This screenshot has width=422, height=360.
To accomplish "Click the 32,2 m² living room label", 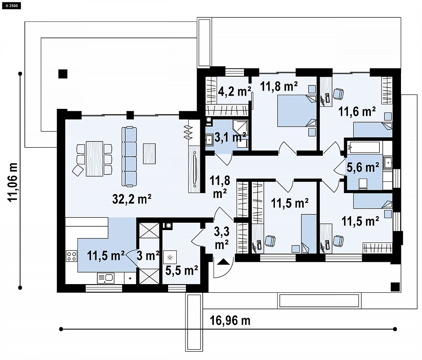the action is (131, 199).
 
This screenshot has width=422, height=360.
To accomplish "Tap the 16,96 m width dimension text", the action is (230, 321).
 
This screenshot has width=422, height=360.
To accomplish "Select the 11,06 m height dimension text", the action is (12, 182).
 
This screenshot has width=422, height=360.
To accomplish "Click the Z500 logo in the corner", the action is (12, 5).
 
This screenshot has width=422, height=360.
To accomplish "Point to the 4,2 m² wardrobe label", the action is (234, 92).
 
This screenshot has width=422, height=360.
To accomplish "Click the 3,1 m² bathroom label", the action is (230, 137).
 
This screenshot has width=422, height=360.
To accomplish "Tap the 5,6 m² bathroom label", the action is (363, 167).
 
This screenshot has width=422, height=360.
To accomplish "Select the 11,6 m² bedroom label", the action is (357, 111).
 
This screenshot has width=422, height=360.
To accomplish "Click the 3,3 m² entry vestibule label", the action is (222, 238).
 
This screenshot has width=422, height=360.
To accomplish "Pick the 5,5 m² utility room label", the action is (182, 271).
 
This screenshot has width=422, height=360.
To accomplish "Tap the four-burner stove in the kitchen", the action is (72, 256).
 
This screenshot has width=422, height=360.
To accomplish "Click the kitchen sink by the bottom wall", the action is (105, 278).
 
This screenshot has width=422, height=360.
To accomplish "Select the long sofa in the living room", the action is (129, 156).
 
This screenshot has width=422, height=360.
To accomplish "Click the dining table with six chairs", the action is (94, 159).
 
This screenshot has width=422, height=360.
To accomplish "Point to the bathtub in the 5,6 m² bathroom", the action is (363, 147).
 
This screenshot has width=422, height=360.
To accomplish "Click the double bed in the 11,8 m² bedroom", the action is (297, 111).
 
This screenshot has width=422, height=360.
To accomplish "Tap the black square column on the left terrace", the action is (63, 74).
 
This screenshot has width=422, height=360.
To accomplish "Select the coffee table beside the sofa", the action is (149, 154).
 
